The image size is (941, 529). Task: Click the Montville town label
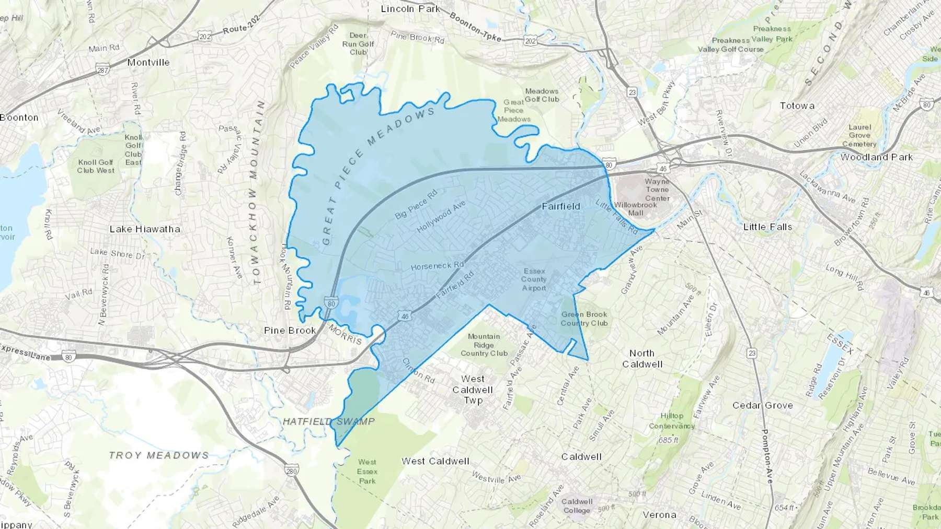pyautogui.click(x=148, y=62)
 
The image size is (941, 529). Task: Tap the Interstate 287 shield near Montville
pyautogui.click(x=103, y=70)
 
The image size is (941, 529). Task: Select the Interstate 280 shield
pyautogui.click(x=292, y=471)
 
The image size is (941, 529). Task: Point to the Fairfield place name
pyautogui.click(x=561, y=206)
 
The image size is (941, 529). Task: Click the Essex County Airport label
pyautogui.click(x=534, y=279)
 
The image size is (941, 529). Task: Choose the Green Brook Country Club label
pyautogui.click(x=584, y=319)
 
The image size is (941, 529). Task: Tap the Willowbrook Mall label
pyautogui.click(x=635, y=209)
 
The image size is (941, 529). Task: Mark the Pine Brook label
pyautogui.click(x=290, y=331)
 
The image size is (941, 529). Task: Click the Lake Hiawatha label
pyautogui.click(x=145, y=229)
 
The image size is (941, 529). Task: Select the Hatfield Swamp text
pyautogui.click(x=329, y=421)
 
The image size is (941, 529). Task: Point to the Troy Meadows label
pyautogui.click(x=159, y=455)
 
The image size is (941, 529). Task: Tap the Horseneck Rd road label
pyautogui.click(x=437, y=266)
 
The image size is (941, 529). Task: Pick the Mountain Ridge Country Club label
pyautogui.click(x=484, y=345)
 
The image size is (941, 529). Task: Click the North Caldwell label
pyautogui.click(x=642, y=359)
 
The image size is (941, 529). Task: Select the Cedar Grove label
pyautogui.click(x=762, y=405)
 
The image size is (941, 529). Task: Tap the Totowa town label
pyautogui.click(x=797, y=105)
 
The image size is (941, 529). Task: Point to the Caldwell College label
pyautogui.click(x=577, y=506)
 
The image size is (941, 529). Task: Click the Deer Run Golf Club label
pyautogui.click(x=358, y=44)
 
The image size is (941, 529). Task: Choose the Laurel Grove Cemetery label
pyautogui.click(x=859, y=135)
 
